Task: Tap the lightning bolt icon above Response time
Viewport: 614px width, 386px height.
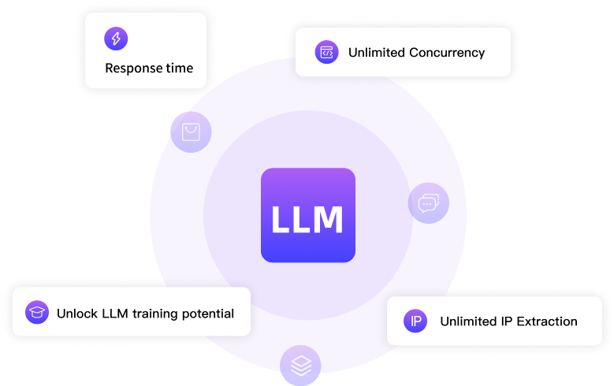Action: point(115,39)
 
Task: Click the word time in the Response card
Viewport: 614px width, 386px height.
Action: point(180,69)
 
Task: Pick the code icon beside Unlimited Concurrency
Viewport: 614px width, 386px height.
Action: point(326,53)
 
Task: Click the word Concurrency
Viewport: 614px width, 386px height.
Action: point(448,53)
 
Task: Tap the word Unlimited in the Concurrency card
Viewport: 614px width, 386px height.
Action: point(378,53)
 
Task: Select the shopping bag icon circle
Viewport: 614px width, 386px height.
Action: point(191,132)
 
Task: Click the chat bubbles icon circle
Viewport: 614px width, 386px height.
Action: point(428,203)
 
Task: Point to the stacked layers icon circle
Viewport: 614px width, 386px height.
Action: point(300,366)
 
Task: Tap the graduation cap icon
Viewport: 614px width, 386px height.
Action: point(36,313)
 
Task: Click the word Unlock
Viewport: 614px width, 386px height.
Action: point(77,314)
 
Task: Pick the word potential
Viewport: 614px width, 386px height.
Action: point(210,314)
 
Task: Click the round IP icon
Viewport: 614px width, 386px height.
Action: point(415,321)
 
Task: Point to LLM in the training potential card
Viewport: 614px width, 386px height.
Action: point(114,314)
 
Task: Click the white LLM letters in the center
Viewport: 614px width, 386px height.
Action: point(307,220)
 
